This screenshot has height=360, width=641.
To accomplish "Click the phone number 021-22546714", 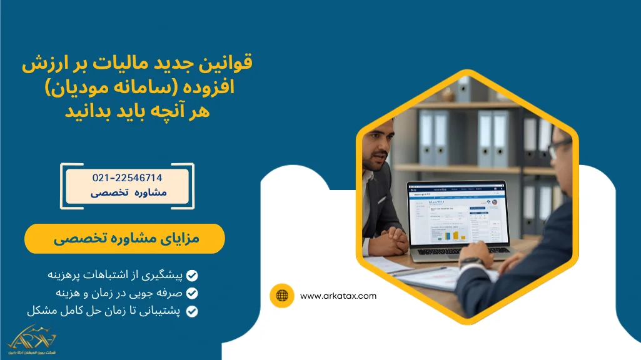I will click(127, 178).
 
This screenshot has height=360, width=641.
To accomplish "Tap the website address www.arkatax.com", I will click(338, 296).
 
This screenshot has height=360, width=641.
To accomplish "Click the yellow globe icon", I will click(282, 296).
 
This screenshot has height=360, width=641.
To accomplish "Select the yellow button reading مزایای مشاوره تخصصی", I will click(124, 239).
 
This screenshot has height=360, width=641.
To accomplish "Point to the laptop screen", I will click(457, 215).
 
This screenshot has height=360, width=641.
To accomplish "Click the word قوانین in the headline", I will click(230, 64).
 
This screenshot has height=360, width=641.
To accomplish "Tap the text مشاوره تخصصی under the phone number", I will click(129, 192).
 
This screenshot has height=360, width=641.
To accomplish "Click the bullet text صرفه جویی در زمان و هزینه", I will click(116, 292).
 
